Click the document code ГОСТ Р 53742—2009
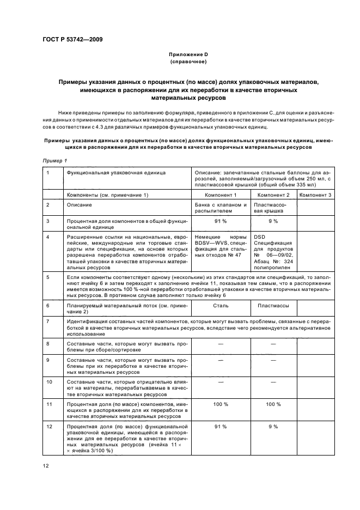click(x=72, y=39)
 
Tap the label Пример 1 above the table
click(x=54, y=160)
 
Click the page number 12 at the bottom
click(x=46, y=465)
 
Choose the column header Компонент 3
click(x=315, y=195)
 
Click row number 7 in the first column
click(x=48, y=321)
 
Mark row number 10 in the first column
click(x=49, y=381)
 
